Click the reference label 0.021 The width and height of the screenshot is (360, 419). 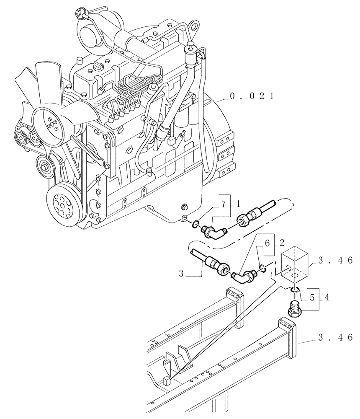[x=251, y=96]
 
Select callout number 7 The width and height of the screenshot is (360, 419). [x=224, y=204]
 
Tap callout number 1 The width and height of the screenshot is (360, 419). [x=238, y=204]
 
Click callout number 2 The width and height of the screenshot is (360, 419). [x=281, y=243]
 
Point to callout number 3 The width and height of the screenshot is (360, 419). [x=181, y=274]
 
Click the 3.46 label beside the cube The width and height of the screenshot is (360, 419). [x=335, y=261]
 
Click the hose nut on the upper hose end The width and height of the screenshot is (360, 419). [x=244, y=220]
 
